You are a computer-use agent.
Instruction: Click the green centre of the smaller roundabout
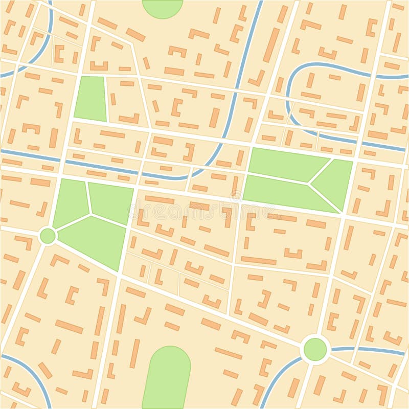tap(48, 236)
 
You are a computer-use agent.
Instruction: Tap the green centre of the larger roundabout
tap(315, 349)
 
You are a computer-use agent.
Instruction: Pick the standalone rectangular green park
tap(90, 98)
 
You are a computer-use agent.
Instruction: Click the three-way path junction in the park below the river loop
tap(308, 183)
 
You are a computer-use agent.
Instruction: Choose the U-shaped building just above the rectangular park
tap(99, 66)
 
